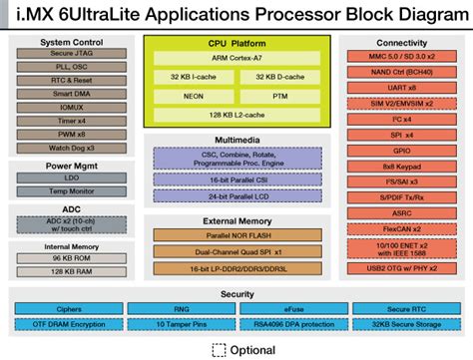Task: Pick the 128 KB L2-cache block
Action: (x=236, y=116)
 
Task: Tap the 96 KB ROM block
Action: (x=71, y=256)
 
